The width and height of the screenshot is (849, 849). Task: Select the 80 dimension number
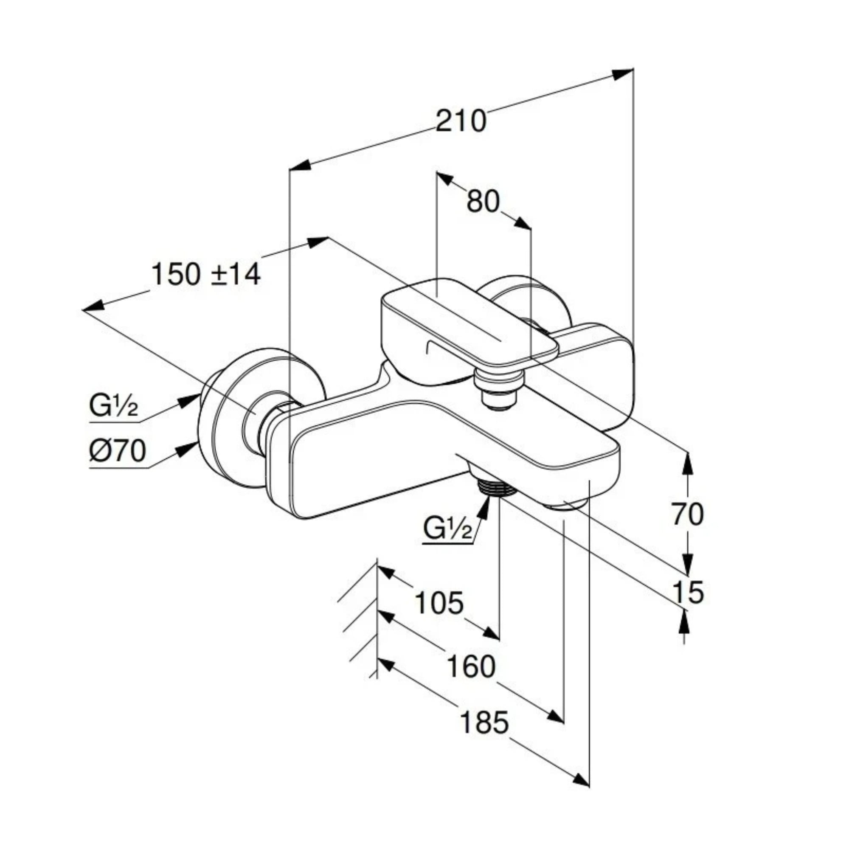(483, 201)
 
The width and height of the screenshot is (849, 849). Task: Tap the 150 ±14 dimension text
(205, 274)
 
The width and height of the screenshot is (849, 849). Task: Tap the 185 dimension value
(484, 722)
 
